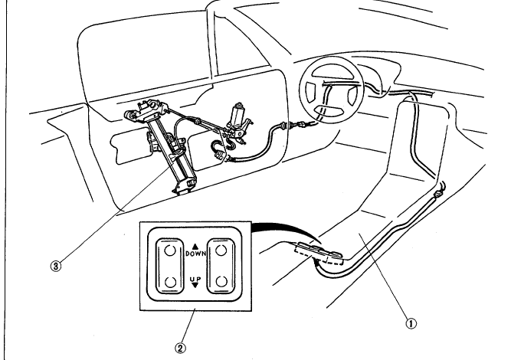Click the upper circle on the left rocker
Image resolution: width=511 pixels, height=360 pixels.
coord(167,250)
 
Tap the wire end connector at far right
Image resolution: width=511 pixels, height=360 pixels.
coord(441,191)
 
